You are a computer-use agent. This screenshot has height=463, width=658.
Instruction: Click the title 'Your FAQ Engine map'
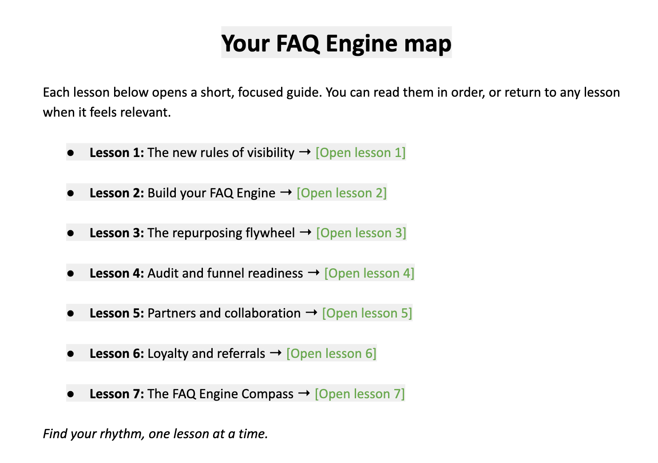[x=336, y=43]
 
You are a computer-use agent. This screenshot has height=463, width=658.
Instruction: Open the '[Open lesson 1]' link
[x=361, y=153]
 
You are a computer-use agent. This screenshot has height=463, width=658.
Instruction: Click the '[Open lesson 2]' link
[x=341, y=193]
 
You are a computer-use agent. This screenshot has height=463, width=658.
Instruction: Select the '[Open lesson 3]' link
[x=361, y=233]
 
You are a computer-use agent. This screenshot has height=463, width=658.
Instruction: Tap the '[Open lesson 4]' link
[x=369, y=273]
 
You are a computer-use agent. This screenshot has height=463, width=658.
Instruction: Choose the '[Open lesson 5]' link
[x=367, y=313]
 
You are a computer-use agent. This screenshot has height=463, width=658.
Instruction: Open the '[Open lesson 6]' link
[x=331, y=353]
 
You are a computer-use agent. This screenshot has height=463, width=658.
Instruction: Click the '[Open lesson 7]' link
[x=360, y=394]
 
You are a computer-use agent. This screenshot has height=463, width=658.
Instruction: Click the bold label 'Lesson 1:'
[x=117, y=153]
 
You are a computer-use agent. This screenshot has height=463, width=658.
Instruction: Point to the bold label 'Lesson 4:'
[x=117, y=273]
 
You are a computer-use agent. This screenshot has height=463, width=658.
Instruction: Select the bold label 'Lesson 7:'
[x=117, y=394]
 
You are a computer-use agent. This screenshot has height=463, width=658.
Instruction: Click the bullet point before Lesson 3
[x=71, y=233]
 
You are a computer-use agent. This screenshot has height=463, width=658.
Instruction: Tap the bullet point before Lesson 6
[x=71, y=354]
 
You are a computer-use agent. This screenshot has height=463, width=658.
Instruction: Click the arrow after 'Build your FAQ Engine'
[x=286, y=193]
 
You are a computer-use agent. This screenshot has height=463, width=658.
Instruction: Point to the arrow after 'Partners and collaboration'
[x=311, y=313]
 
